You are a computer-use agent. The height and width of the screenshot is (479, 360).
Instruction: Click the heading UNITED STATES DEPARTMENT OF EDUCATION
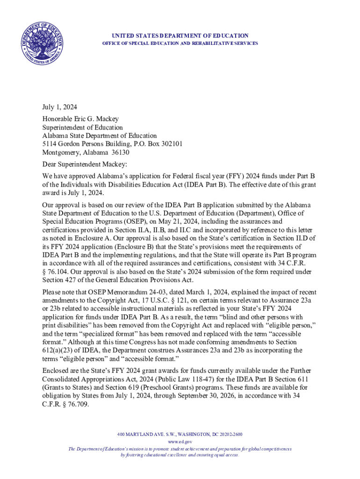[180, 36]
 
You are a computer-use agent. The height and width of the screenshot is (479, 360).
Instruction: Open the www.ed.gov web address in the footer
[180, 442]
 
